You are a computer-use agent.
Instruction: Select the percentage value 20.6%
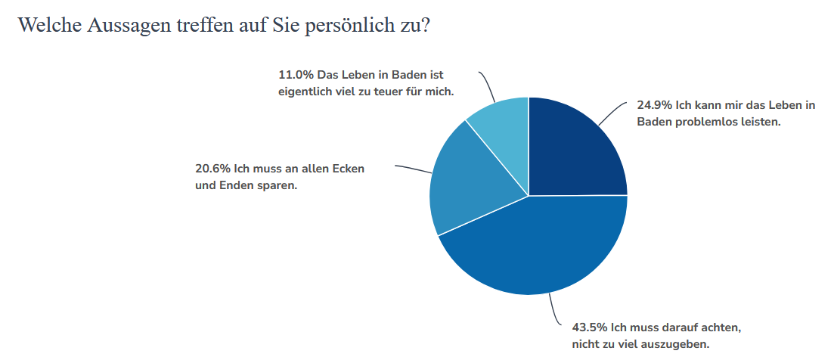click(212, 169)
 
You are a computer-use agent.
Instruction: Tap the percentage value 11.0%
click(294, 76)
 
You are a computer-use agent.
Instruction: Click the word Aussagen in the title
click(126, 25)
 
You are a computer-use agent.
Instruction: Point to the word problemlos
click(710, 122)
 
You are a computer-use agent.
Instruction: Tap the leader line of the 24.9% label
click(613, 112)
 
